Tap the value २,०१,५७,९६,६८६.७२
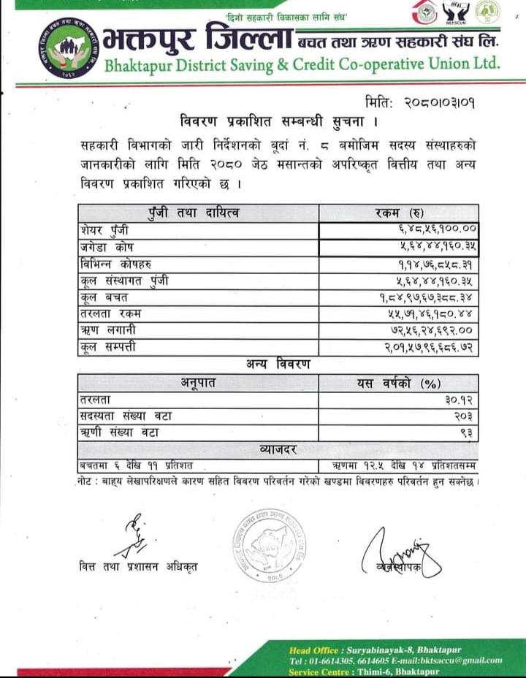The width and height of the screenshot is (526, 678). [424, 348]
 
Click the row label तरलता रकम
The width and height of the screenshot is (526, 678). [112, 314]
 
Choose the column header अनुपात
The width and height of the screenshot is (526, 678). [198, 382]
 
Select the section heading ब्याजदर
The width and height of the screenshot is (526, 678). [278, 449]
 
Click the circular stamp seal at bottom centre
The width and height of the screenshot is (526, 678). [269, 544]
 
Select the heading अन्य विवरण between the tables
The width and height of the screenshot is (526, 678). [278, 365]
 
